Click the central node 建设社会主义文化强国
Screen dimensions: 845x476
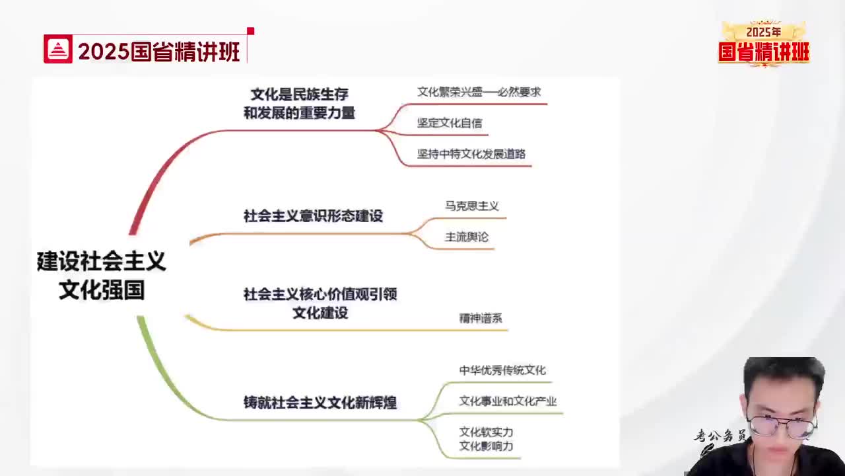(x=102, y=275)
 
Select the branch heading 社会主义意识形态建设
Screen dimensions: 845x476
(x=313, y=216)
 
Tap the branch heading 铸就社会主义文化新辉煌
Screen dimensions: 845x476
(x=320, y=403)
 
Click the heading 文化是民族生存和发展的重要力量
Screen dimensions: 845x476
(x=299, y=104)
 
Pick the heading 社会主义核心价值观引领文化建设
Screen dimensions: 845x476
(x=320, y=303)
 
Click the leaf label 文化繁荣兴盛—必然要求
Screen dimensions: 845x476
(x=479, y=92)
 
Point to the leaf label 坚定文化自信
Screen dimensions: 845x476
(x=450, y=123)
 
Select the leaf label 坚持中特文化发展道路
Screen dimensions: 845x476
(x=471, y=154)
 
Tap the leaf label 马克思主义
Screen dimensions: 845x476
(x=472, y=206)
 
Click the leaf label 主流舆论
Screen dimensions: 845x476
(x=467, y=237)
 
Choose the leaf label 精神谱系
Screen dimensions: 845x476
(x=481, y=318)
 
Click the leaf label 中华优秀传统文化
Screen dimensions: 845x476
(x=502, y=370)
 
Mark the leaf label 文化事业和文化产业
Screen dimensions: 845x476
(x=508, y=401)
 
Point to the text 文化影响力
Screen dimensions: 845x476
(x=487, y=446)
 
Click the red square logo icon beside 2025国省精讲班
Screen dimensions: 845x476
(x=57, y=49)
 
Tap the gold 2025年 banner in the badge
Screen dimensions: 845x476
(x=764, y=32)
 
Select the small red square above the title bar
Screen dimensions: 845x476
(x=250, y=31)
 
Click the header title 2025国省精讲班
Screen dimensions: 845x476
(x=159, y=52)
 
